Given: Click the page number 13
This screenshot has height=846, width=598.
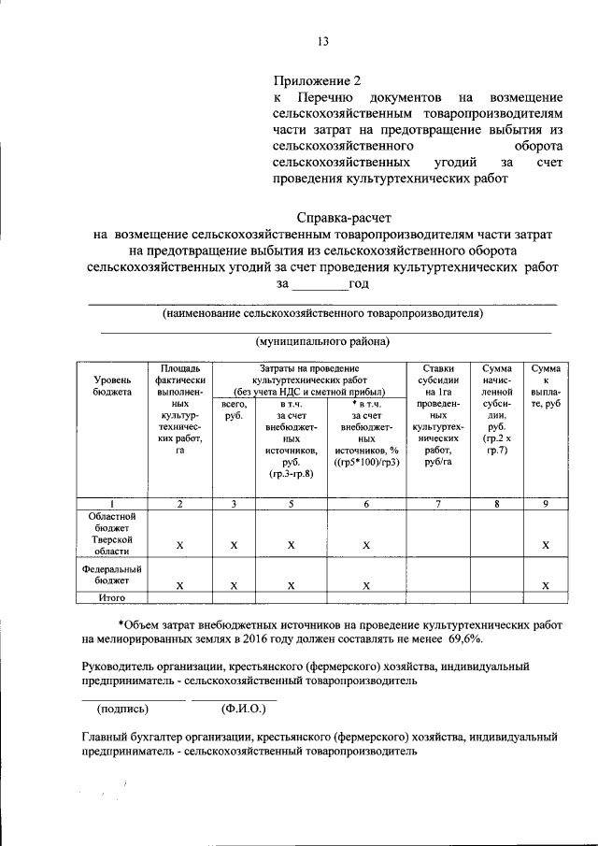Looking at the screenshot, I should (x=322, y=41).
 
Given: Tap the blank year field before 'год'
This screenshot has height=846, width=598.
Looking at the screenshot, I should (x=319, y=284).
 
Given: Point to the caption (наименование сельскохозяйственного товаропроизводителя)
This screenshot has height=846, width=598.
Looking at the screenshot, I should (x=322, y=313).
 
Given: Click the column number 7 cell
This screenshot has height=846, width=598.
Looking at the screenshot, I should (x=439, y=504).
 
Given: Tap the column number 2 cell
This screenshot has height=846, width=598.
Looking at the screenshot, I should (x=179, y=504).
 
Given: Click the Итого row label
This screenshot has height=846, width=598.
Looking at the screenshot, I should (x=113, y=597).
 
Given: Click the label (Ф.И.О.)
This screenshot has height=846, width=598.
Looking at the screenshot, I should (x=244, y=709).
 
